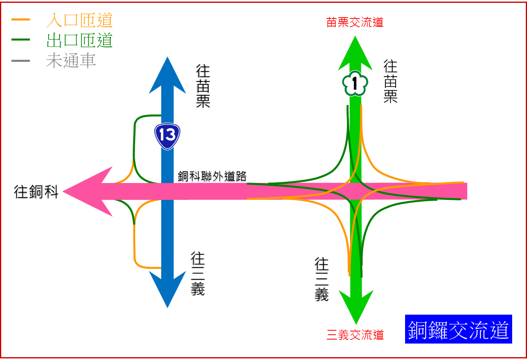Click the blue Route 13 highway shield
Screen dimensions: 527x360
click(x=167, y=136)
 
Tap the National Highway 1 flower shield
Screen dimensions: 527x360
click(x=355, y=83)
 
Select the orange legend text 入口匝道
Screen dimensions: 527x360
click(x=79, y=20)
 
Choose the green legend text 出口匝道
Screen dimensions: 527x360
click(x=79, y=40)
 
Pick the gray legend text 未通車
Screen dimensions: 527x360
click(x=71, y=61)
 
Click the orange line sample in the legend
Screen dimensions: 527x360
click(x=21, y=20)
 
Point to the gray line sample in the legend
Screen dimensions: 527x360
click(x=21, y=61)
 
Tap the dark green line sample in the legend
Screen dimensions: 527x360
click(x=21, y=40)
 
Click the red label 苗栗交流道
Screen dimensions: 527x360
click(x=355, y=22)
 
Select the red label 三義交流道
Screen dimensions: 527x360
click(x=355, y=335)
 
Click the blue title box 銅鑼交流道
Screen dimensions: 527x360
click(x=458, y=329)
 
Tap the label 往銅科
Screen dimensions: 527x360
click(x=36, y=192)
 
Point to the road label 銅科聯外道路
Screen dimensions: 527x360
click(x=212, y=176)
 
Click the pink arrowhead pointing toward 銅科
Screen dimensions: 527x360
click(x=87, y=191)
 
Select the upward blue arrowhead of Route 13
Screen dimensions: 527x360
click(x=167, y=75)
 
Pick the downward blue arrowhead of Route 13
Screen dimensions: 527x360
click(x=167, y=290)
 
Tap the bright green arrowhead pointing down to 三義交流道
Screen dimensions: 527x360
click(x=356, y=307)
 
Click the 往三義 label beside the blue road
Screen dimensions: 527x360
click(x=198, y=274)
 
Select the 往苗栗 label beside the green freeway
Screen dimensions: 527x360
click(x=390, y=81)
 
